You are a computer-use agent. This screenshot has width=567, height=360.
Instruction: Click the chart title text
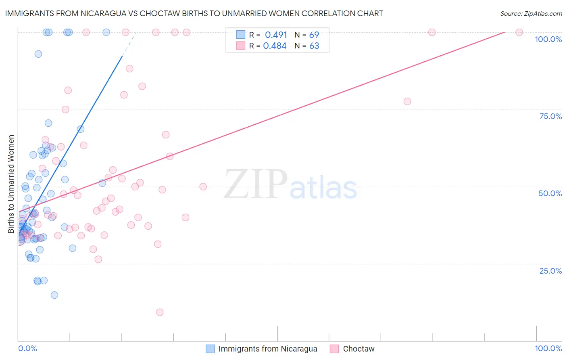(x=194, y=13)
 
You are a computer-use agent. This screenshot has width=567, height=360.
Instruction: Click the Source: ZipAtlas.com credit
(x=531, y=13)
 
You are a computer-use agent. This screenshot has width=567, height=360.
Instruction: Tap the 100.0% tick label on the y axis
(x=548, y=39)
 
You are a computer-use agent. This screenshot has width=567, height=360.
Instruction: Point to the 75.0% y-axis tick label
(x=550, y=116)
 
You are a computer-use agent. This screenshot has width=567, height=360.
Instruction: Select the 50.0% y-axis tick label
(x=550, y=193)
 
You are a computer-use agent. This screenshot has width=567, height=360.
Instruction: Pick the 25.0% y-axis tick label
(x=550, y=270)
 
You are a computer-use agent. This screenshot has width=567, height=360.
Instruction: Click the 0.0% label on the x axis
(x=27, y=348)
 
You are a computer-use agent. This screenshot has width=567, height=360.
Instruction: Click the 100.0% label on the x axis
(x=548, y=348)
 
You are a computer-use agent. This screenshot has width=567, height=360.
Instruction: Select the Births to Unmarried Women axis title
(x=11, y=184)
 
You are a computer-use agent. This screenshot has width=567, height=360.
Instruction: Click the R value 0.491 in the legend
(x=276, y=35)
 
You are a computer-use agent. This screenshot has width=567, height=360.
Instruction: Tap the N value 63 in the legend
(x=314, y=46)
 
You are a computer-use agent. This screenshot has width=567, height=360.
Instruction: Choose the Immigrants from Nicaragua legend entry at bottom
(x=268, y=349)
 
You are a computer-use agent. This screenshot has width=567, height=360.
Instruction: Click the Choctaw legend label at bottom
(x=359, y=349)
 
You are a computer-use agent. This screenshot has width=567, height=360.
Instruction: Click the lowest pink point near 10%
(x=160, y=312)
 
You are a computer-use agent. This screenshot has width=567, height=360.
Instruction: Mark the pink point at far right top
(x=519, y=32)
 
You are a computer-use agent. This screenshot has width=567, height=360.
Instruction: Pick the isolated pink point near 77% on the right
(x=407, y=101)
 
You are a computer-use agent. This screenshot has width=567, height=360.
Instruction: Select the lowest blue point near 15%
(x=54, y=295)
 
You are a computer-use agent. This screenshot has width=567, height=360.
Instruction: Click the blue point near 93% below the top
(x=38, y=54)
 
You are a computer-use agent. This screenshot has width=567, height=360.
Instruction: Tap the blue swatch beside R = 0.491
(x=241, y=35)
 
